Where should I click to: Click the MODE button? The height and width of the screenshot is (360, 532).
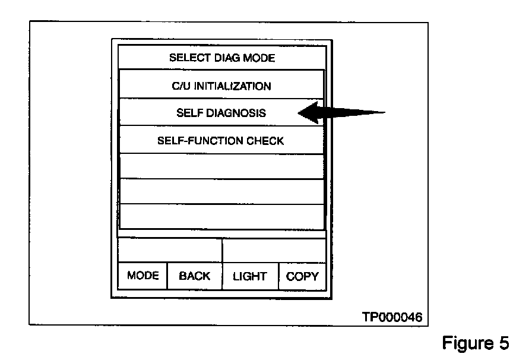pos(142,276)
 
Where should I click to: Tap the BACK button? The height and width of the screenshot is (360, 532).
pos(194,276)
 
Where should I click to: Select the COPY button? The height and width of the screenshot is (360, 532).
pos(302,276)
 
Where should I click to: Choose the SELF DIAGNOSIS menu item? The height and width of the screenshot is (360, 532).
pos(221,113)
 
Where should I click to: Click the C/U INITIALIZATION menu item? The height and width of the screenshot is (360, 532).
pos(221,86)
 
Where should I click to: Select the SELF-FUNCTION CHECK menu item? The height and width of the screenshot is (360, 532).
pos(221,141)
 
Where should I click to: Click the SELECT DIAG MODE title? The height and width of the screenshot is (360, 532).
pos(222,58)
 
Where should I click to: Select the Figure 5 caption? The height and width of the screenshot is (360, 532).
pos(475,343)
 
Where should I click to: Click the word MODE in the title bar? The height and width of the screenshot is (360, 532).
pos(256,58)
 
